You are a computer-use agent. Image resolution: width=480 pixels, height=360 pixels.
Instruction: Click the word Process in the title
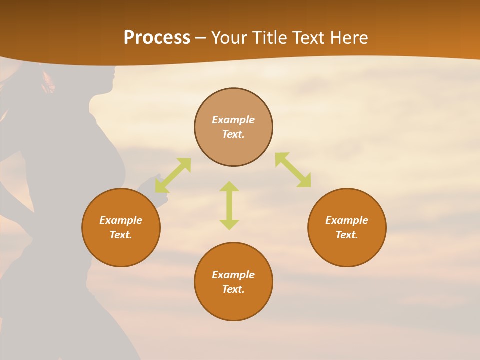tap(157, 38)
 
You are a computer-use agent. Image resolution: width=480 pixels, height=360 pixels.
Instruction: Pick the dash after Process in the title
tap(201, 38)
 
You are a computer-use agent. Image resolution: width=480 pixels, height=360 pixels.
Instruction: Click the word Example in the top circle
tap(233, 120)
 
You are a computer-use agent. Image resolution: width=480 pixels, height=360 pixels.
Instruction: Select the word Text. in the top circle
tap(233, 134)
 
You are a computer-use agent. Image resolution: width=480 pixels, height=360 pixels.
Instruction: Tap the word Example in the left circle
tap(121, 220)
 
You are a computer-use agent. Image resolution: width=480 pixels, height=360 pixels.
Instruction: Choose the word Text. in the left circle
tap(121, 235)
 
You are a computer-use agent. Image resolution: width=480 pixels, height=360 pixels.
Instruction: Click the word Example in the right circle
tap(347, 220)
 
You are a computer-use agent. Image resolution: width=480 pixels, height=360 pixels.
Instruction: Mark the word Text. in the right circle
tap(347, 235)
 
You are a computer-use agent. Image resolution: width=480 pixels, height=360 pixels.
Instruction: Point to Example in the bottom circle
tap(233, 275)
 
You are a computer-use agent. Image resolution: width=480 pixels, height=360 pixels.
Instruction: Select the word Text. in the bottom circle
tap(233, 289)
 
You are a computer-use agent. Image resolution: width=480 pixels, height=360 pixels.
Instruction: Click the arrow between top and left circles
tap(173, 175)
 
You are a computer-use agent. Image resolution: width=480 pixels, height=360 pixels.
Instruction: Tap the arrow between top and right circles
tap(293, 170)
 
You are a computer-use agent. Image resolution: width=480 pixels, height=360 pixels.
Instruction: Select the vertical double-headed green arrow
tap(229, 205)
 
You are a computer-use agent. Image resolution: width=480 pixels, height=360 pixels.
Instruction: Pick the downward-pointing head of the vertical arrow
tap(229, 224)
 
